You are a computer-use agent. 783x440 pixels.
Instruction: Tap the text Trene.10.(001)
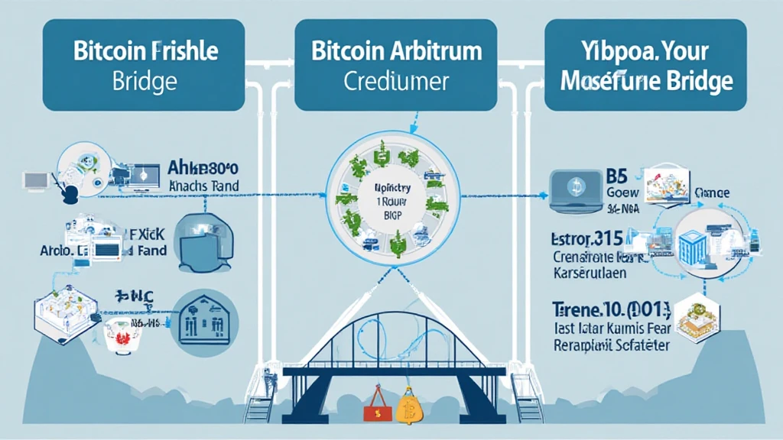pos(610,310)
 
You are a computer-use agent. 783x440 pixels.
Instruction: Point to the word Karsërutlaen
pos(593,271)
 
